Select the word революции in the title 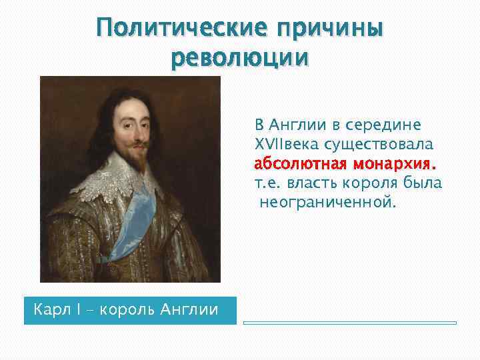pyautogui.click(x=240, y=59)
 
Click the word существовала pyautogui.click(x=378, y=144)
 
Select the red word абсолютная pyautogui.click(x=298, y=163)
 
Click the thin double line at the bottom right pyautogui.click(x=349, y=323)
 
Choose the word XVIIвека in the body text pyautogui.click(x=288, y=144)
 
